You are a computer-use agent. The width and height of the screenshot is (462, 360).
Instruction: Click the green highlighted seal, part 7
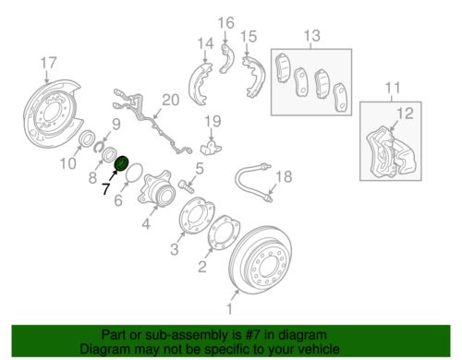pyautogui.click(x=121, y=163)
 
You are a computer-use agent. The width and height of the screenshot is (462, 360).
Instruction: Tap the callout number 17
pyautogui.click(x=49, y=63)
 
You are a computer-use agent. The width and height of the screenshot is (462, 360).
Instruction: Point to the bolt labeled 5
pyautogui.click(x=186, y=186)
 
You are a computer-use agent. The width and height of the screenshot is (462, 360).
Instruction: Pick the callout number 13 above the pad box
pyautogui.click(x=312, y=36)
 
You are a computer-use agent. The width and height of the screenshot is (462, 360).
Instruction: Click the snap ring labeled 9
pyautogui.click(x=100, y=146)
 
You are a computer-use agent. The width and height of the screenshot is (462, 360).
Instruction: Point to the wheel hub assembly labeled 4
pyautogui.click(x=156, y=188)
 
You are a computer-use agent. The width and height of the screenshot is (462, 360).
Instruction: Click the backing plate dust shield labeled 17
pyautogui.click(x=54, y=111)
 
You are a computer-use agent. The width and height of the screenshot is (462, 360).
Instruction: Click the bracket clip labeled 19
pyautogui.click(x=211, y=147)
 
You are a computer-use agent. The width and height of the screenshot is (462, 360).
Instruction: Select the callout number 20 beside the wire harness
pyautogui.click(x=171, y=100)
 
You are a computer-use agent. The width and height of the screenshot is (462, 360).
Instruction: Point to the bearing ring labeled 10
pyautogui.click(x=88, y=138)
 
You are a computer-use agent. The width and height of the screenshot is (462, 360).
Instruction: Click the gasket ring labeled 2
pyautogui.click(x=225, y=233)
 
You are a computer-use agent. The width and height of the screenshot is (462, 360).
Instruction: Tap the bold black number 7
pyautogui.click(x=106, y=188)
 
